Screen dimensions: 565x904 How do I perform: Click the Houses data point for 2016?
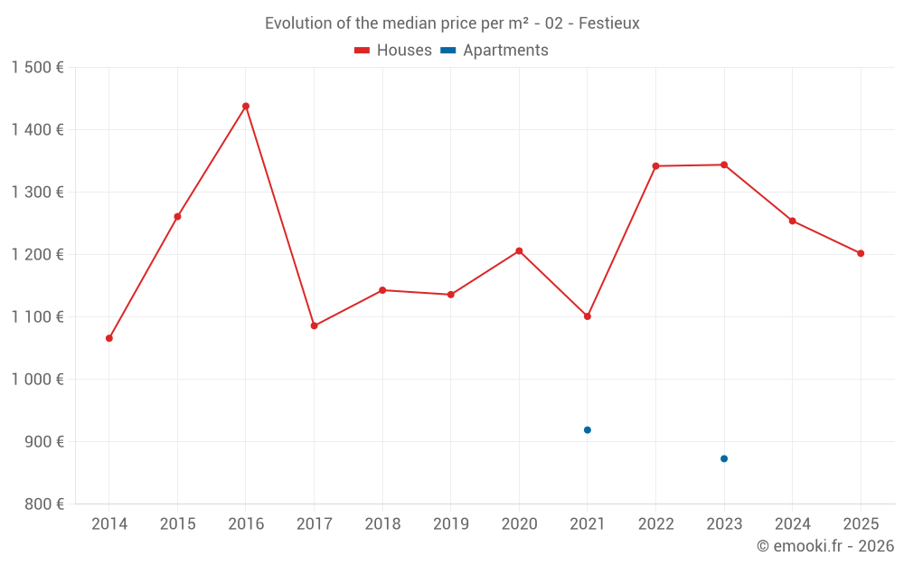pyautogui.click(x=246, y=107)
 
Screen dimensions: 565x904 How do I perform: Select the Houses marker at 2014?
pyautogui.click(x=109, y=338)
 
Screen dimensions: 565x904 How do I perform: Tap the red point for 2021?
pyautogui.click(x=588, y=316)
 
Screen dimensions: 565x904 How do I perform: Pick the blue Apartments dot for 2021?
pyautogui.click(x=588, y=430)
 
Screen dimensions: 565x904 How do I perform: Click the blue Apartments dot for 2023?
pyautogui.click(x=724, y=459)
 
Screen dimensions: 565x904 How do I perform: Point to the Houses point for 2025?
pyautogui.click(x=861, y=254)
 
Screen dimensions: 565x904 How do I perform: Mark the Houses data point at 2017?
pyautogui.click(x=315, y=325)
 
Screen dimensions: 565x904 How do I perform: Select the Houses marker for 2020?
pyautogui.click(x=519, y=251)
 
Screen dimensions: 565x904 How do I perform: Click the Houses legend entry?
pyautogui.click(x=393, y=51)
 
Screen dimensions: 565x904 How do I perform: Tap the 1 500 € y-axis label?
pyautogui.click(x=37, y=68)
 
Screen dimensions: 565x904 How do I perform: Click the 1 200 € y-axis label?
pyautogui.click(x=37, y=255)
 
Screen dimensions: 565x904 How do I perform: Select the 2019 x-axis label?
pyautogui.click(x=451, y=524)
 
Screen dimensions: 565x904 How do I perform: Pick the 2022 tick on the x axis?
pyautogui.click(x=655, y=524)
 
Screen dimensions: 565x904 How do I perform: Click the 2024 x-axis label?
pyautogui.click(x=792, y=524)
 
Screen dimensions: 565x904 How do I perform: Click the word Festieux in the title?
pyautogui.click(x=608, y=24)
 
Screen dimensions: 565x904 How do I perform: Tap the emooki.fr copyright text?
pyautogui.click(x=824, y=546)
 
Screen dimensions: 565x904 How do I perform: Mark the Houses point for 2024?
pyautogui.click(x=793, y=221)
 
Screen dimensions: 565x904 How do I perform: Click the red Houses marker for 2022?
pyautogui.click(x=656, y=166)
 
